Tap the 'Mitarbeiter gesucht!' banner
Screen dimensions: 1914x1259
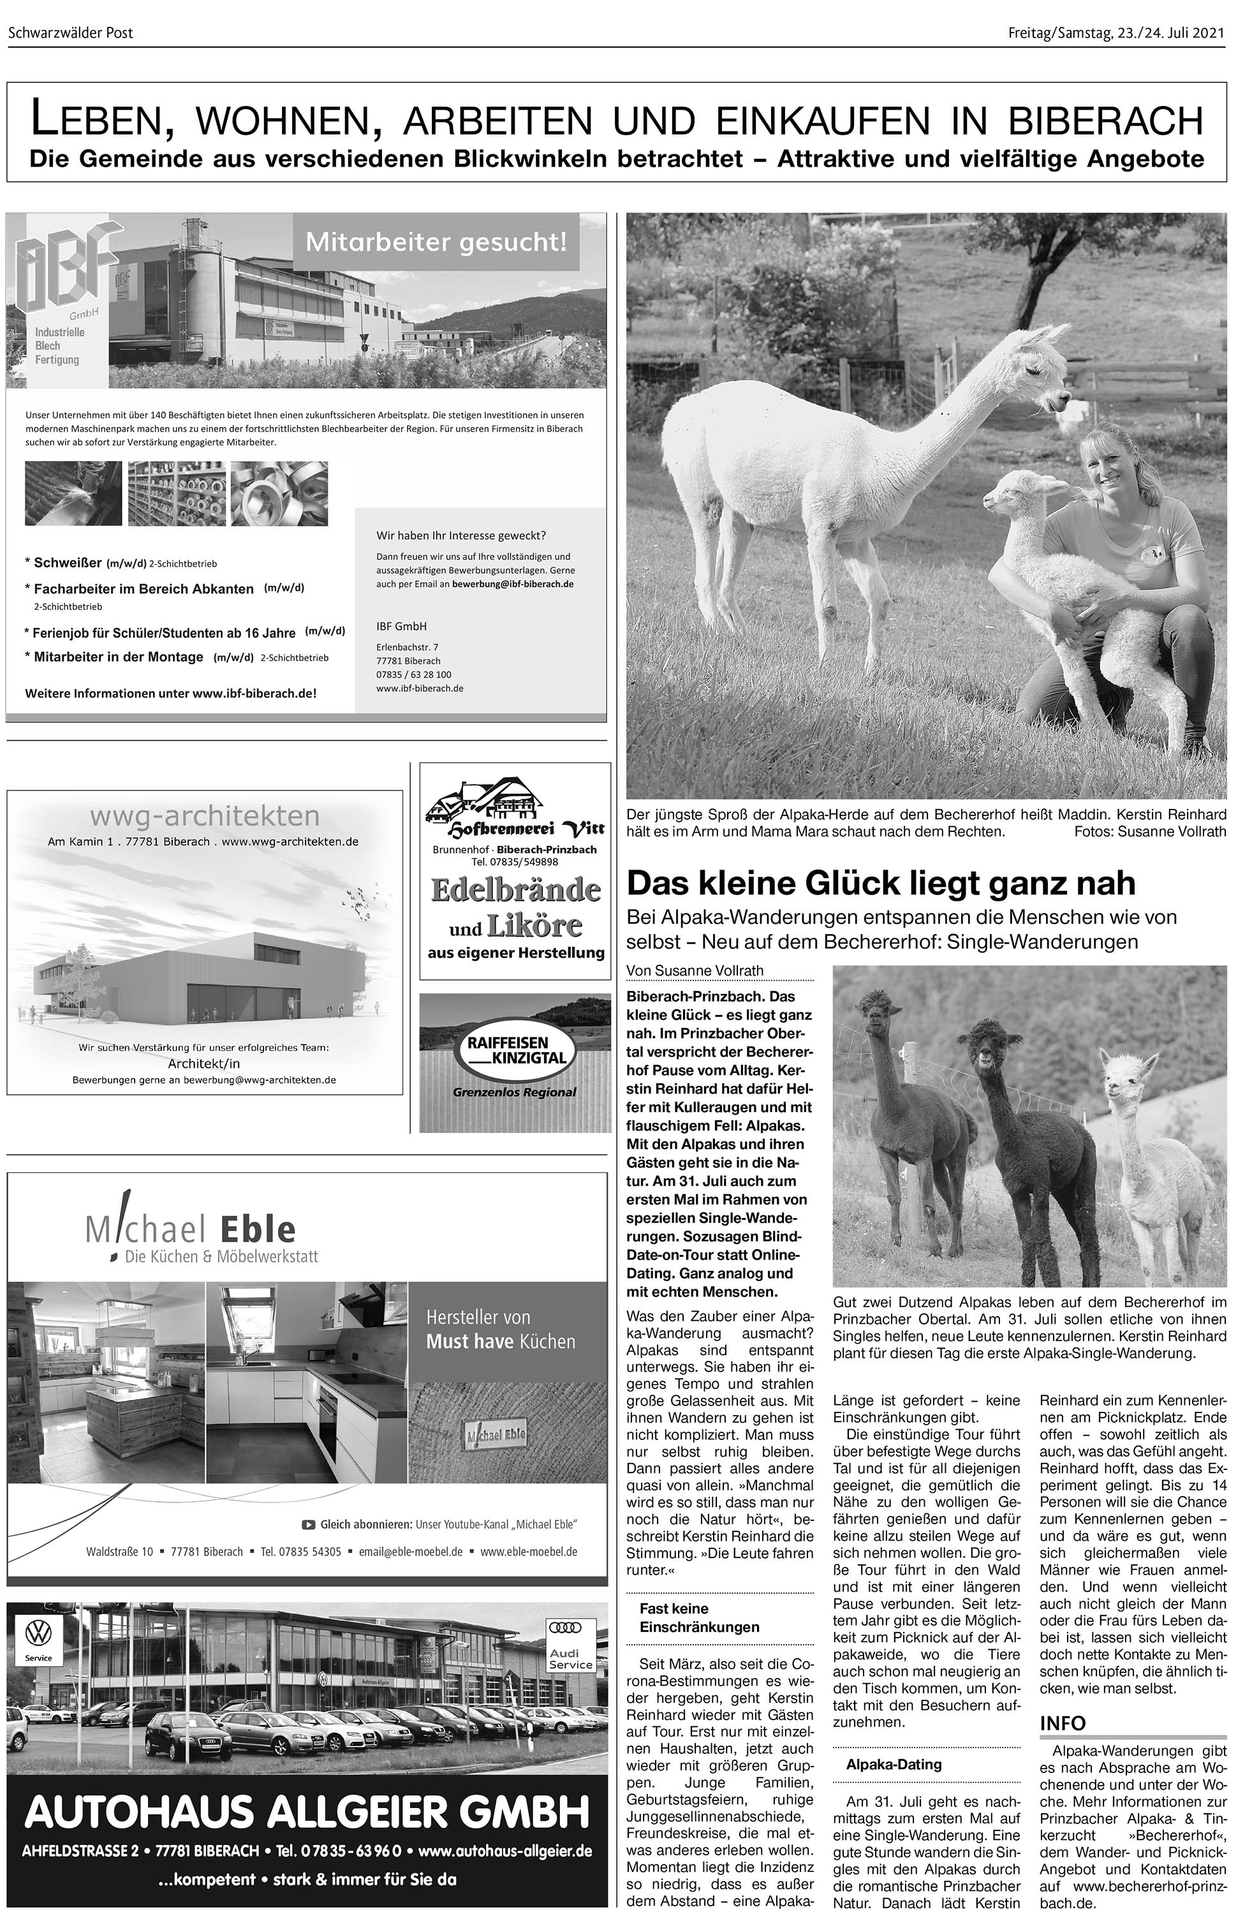[x=436, y=241]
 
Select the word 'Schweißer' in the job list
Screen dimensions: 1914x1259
[x=68, y=563]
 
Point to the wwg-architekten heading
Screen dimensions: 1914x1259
[x=204, y=816]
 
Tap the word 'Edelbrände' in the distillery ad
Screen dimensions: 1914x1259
[x=515, y=890]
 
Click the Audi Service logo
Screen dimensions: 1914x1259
[x=570, y=1643]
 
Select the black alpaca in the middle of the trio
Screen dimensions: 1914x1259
[x=1029, y=1142]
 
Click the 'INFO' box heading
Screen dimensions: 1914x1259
[x=1062, y=1723]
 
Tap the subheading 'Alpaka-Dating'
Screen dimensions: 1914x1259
[x=893, y=1765]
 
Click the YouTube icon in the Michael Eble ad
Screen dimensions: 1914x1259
[x=308, y=1524]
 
